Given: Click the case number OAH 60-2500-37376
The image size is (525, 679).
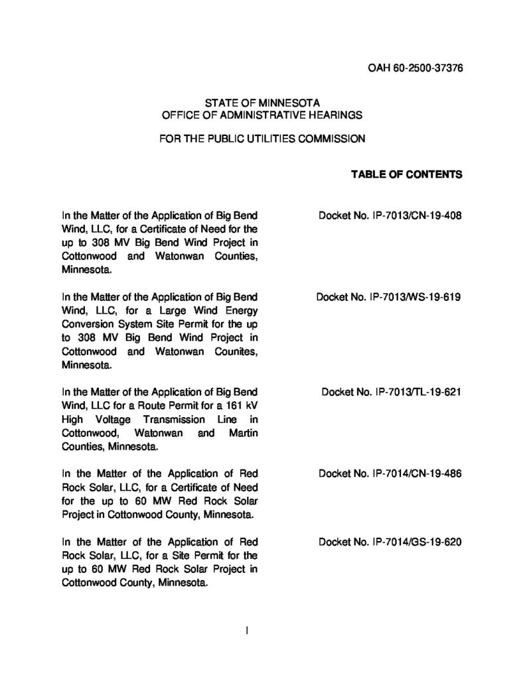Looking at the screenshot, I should click(x=414, y=68).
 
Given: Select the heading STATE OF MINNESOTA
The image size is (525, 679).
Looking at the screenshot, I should click(x=262, y=103).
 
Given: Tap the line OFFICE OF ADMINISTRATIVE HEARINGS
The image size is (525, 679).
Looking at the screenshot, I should click(x=262, y=115).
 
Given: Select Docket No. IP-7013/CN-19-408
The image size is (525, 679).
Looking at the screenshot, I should click(x=390, y=216).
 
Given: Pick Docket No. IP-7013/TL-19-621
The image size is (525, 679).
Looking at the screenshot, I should click(x=390, y=392).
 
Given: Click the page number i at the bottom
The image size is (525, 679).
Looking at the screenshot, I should click(x=247, y=631).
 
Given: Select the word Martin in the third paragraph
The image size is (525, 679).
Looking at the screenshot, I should click(x=242, y=433).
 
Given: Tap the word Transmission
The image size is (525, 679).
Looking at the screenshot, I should click(x=173, y=420).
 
